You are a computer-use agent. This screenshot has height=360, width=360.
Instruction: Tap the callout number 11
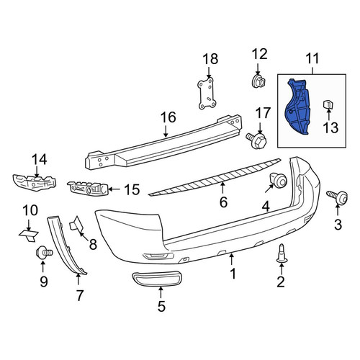tap(312, 58)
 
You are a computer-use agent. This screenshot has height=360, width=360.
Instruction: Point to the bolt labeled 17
tap(256, 140)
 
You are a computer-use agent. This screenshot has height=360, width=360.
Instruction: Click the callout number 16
tap(168, 117)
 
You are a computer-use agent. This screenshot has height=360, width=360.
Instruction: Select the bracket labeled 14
tap(34, 183)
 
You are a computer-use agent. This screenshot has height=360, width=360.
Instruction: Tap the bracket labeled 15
tap(88, 188)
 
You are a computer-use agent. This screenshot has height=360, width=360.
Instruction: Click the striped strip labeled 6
tap(215, 177)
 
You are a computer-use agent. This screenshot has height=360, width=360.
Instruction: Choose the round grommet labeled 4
tap(279, 180)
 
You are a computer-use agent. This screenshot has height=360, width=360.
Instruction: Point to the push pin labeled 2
tap(282, 254)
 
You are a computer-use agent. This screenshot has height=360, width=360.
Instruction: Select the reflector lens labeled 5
tap(157, 279)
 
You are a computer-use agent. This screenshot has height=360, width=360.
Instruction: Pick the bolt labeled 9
tap(44, 253)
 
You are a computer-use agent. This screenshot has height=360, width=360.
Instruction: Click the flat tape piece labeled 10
tap(29, 235)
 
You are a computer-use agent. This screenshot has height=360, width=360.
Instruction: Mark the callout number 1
tap(233, 274)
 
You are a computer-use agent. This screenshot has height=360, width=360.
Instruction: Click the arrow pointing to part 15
tap(115, 189)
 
